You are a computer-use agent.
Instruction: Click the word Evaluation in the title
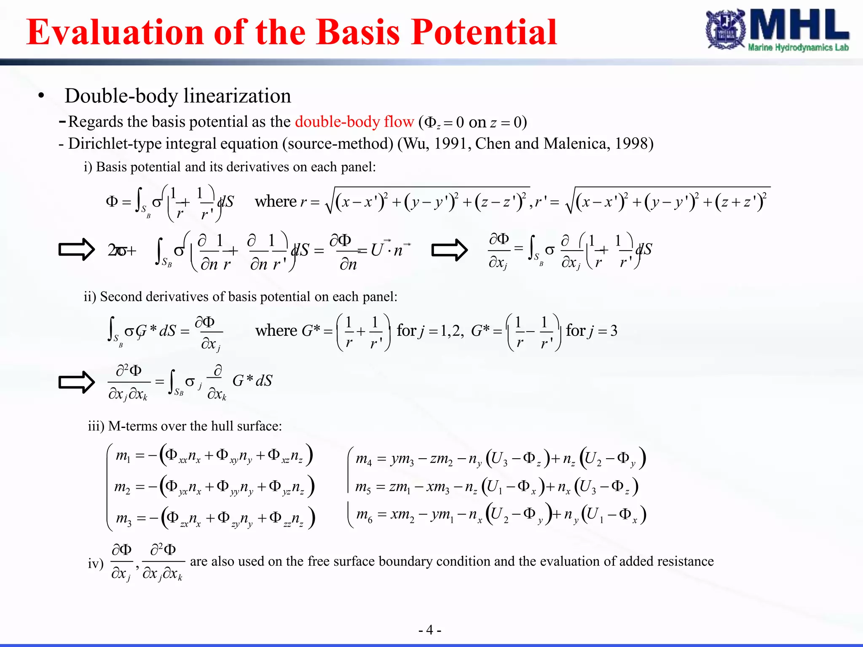click(115, 32)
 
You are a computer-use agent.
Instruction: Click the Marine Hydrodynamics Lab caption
click(798, 48)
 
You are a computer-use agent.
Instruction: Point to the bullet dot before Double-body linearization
click(41, 96)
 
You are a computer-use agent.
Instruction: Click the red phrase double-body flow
click(354, 122)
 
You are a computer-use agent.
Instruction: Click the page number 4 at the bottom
click(429, 630)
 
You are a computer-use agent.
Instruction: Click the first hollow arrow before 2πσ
click(77, 250)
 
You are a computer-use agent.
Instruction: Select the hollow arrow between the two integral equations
click(450, 250)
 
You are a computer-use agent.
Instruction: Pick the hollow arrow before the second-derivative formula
click(77, 382)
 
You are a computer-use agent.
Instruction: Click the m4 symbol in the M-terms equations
click(364, 458)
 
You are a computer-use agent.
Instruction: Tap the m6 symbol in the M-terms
click(364, 515)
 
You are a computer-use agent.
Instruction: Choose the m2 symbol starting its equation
click(123, 487)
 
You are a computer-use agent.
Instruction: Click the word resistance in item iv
click(685, 561)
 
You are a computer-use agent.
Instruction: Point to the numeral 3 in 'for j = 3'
click(614, 331)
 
